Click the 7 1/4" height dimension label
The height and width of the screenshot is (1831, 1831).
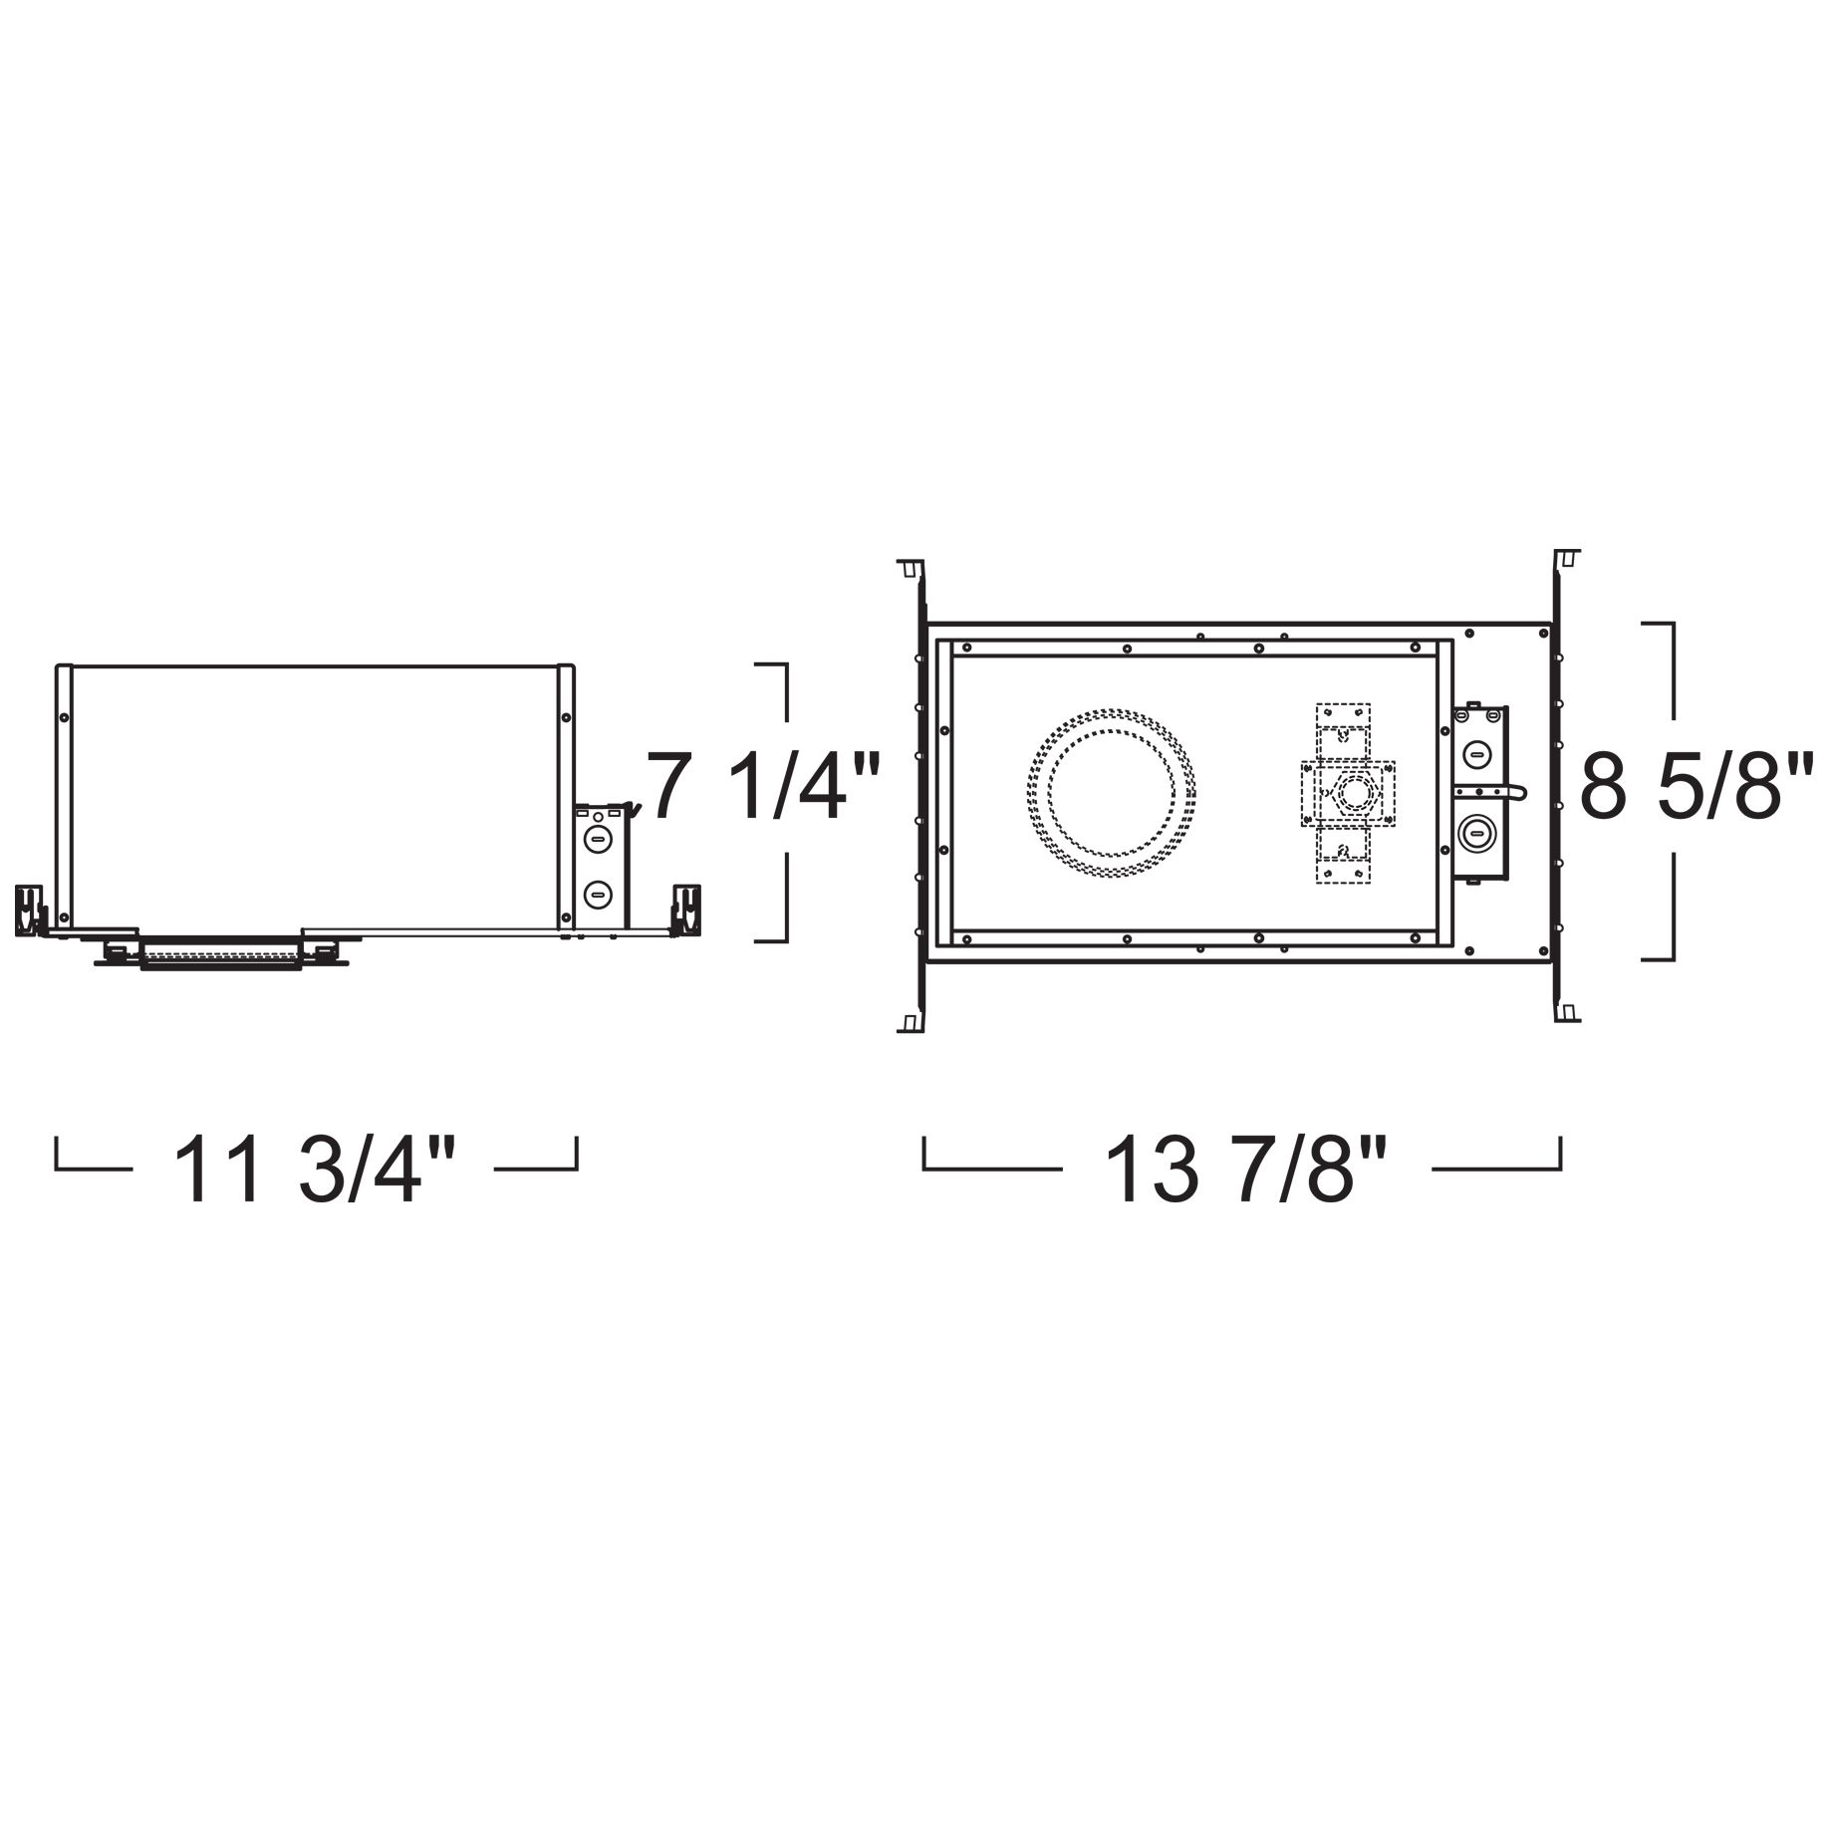[764, 787]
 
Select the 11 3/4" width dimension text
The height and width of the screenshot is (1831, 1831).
[316, 1171]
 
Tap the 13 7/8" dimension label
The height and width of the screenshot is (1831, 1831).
[1247, 1171]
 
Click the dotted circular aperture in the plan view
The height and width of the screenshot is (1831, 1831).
[1111, 793]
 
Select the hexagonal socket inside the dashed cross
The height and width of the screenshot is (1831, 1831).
[1352, 793]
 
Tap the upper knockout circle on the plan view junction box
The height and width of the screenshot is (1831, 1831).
[1475, 754]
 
